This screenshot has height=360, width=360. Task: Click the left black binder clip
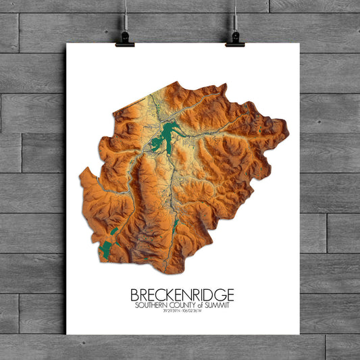coord(125,38)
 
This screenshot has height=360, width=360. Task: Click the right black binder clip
coord(235,38)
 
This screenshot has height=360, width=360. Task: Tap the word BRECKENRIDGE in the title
coord(182,295)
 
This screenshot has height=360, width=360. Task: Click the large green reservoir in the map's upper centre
coord(168,137)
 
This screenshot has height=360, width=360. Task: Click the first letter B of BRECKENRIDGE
coord(133,295)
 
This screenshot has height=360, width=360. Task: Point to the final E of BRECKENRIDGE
coord(230,295)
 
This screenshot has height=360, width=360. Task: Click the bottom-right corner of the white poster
coord(299,334)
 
